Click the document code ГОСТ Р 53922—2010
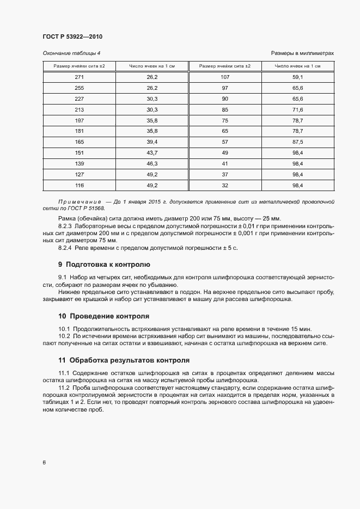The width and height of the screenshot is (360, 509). [x=72, y=36]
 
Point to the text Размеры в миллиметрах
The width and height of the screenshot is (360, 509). [x=302, y=53]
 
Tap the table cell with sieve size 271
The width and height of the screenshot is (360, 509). [x=80, y=77]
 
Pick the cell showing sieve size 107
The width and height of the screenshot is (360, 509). [x=225, y=77]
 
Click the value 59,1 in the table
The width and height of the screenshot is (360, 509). [x=297, y=77]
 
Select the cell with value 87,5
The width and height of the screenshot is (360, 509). [x=297, y=142]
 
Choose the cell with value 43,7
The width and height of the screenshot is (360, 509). [x=152, y=152]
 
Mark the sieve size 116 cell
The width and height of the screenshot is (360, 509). [x=80, y=185]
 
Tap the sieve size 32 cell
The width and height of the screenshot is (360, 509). [x=225, y=185]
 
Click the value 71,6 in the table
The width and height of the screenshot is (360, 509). [x=297, y=109]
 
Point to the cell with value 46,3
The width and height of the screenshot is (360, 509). [x=152, y=163]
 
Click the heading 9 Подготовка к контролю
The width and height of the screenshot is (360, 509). [x=103, y=265]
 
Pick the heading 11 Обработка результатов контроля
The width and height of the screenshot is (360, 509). [x=124, y=360]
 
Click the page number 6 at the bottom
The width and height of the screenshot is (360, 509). [x=44, y=463]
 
